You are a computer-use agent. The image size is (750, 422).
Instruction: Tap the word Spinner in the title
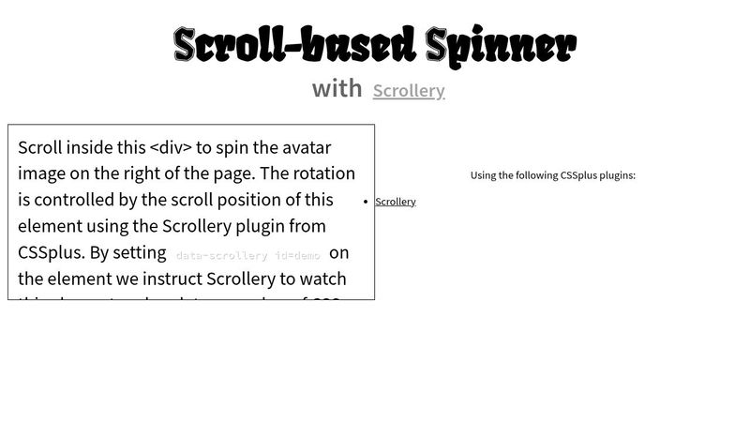coord(501,45)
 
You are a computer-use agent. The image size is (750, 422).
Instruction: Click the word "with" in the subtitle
coord(337,88)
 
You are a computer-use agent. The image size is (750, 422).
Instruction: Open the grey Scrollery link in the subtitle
coord(409,91)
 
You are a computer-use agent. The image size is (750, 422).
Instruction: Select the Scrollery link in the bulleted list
coord(395,202)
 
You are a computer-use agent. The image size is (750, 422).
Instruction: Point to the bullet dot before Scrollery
coord(365,202)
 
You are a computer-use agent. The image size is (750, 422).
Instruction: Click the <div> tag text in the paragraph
coord(171,147)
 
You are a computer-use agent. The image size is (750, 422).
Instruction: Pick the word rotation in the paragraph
coord(320,173)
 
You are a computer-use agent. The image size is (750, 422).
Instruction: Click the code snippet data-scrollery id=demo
coord(247,255)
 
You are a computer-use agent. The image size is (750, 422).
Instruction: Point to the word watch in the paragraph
coord(322,279)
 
